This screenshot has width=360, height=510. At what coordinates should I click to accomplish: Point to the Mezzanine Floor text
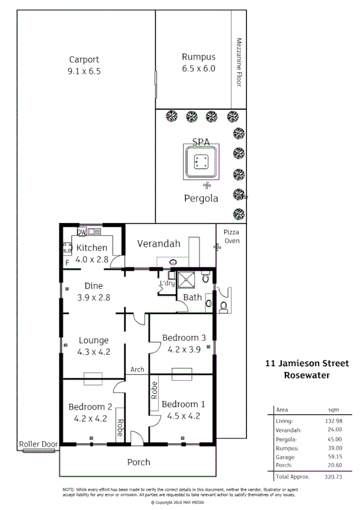[x=239, y=63]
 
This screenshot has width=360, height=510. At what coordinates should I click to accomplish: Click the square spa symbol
[x=200, y=162]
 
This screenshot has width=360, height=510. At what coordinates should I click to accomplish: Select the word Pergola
[x=201, y=198]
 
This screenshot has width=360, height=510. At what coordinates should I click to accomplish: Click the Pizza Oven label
[x=231, y=236]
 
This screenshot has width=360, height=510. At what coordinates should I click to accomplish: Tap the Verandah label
[x=159, y=244]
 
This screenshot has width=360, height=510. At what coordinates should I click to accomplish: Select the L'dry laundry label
[x=166, y=283]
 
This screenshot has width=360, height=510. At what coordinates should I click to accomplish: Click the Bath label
[x=192, y=297]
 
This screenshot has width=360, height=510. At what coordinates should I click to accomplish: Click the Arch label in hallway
[x=137, y=369]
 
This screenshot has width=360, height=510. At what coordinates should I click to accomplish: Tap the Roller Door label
[x=38, y=444]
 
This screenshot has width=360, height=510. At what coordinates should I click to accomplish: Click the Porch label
[x=138, y=462]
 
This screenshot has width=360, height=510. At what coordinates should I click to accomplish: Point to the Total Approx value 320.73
[x=332, y=476]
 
